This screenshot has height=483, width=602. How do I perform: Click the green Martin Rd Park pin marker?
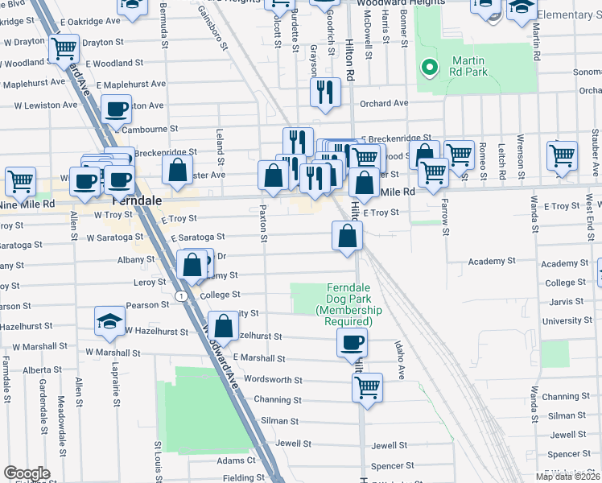tap(430, 68)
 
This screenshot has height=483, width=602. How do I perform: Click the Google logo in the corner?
tap(27, 473)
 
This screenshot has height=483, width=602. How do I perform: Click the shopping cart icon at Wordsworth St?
tap(367, 387)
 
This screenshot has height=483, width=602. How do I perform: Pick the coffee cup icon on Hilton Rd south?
tap(352, 342)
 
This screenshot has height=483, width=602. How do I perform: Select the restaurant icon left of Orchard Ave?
tap(325, 91)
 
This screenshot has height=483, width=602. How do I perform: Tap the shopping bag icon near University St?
tap(225, 326)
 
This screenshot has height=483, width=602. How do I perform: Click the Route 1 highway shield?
tap(184, 296)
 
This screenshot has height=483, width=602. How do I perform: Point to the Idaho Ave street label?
tap(398, 359)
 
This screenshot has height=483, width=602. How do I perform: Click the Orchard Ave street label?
tap(384, 103)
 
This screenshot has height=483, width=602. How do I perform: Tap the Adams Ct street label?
tap(236, 460)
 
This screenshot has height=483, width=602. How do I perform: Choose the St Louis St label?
tap(159, 456)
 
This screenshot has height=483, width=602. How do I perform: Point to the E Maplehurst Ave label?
tap(131, 84)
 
